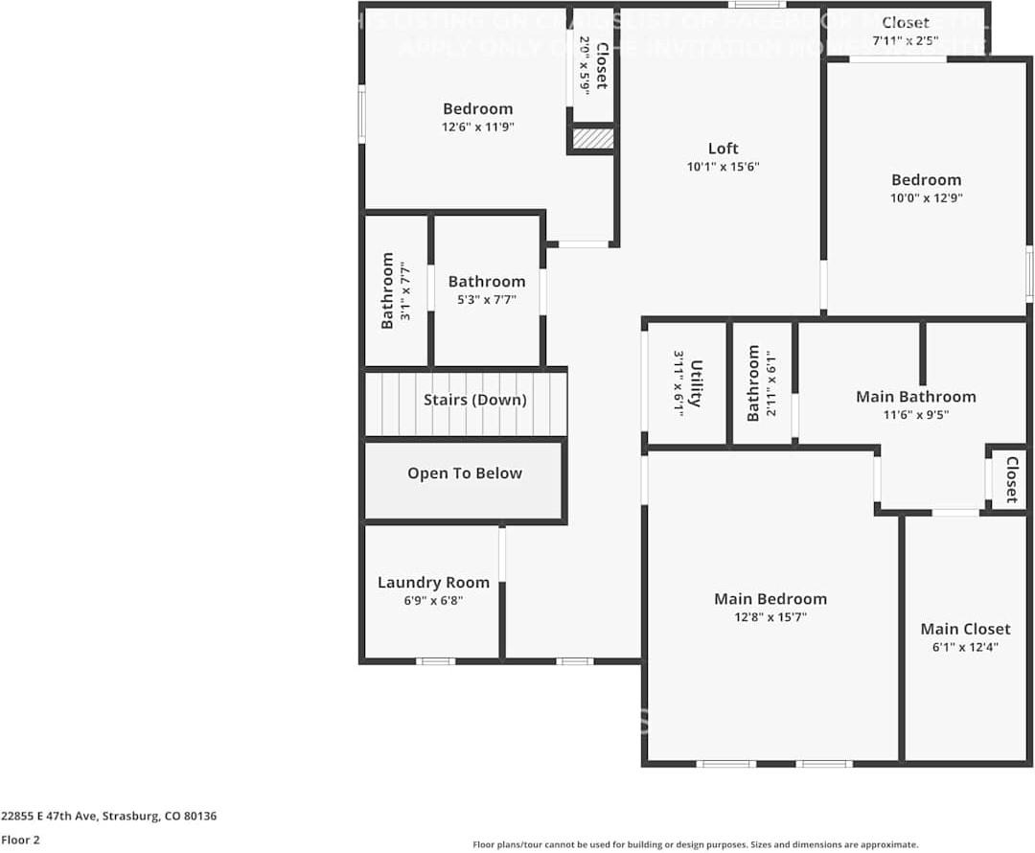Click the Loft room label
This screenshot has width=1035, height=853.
click(x=723, y=149)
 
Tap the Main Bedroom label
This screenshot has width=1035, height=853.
click(x=770, y=599)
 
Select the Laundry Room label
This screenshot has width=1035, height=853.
click(x=433, y=583)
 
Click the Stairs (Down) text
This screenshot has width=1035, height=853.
click(x=474, y=400)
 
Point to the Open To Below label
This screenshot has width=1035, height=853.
click(x=465, y=473)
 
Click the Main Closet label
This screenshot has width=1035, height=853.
click(x=965, y=629)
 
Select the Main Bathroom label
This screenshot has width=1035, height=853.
click(x=915, y=397)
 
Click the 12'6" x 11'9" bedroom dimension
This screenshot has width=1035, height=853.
click(x=477, y=127)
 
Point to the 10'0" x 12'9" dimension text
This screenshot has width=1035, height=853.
click(x=926, y=198)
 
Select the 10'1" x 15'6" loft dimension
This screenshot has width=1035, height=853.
click(x=723, y=167)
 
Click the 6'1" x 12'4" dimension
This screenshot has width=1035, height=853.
click(x=965, y=648)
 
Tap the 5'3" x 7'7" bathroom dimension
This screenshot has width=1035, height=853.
click(x=486, y=299)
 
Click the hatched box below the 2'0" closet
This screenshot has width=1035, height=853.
click(x=592, y=138)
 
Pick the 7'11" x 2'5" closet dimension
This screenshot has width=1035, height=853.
click(x=905, y=40)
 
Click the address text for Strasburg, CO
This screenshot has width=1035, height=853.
click(x=108, y=817)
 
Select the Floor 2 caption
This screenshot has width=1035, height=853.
click(x=20, y=840)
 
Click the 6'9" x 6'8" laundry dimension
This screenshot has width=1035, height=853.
click(x=433, y=601)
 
